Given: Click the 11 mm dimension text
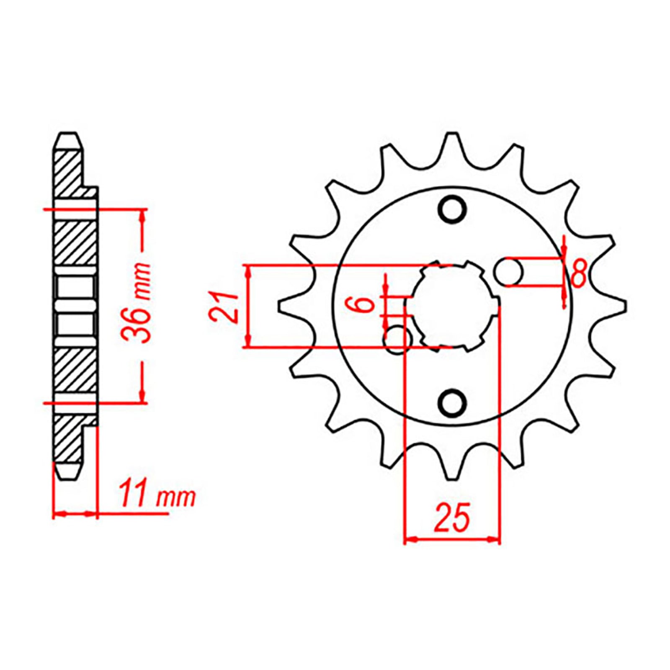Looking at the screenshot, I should click(x=157, y=497).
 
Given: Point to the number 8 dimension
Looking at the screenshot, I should click(x=578, y=273).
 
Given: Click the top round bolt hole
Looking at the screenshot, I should click(x=452, y=209).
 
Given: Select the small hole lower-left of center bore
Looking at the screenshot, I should click(x=398, y=340).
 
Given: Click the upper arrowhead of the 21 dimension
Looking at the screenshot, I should click(x=249, y=271).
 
